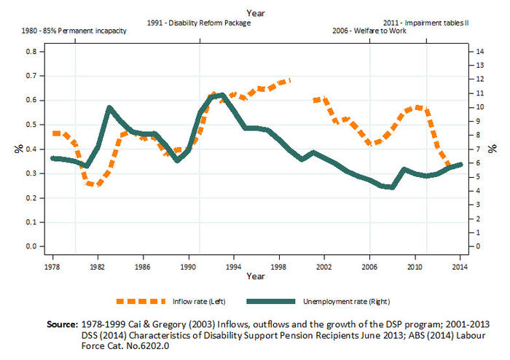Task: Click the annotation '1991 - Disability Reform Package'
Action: click(x=198, y=23)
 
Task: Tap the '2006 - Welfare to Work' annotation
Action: click(x=368, y=33)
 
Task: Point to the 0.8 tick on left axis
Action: click(x=31, y=52)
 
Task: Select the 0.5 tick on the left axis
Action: click(x=31, y=125)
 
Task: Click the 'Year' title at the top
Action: click(x=256, y=12)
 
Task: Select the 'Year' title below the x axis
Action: click(x=256, y=277)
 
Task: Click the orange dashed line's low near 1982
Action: click(x=95, y=184)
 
